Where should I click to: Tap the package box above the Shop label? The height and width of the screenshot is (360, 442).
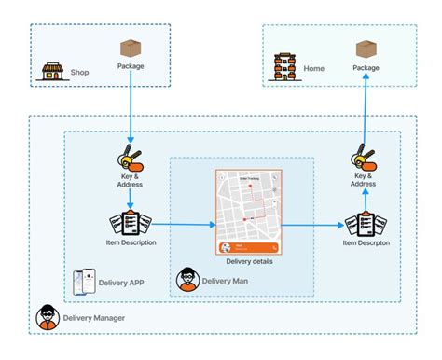click(131, 48)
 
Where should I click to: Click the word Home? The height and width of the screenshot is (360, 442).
click(314, 69)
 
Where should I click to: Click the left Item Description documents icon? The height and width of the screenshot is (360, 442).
click(131, 224)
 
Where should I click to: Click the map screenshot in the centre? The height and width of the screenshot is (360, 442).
click(248, 213)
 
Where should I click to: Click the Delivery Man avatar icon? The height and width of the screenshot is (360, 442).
click(187, 278)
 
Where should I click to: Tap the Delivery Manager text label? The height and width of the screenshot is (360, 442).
click(94, 318)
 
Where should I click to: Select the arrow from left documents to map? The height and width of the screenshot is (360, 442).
click(182, 225)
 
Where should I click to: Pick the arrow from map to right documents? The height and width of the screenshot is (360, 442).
click(312, 225)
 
